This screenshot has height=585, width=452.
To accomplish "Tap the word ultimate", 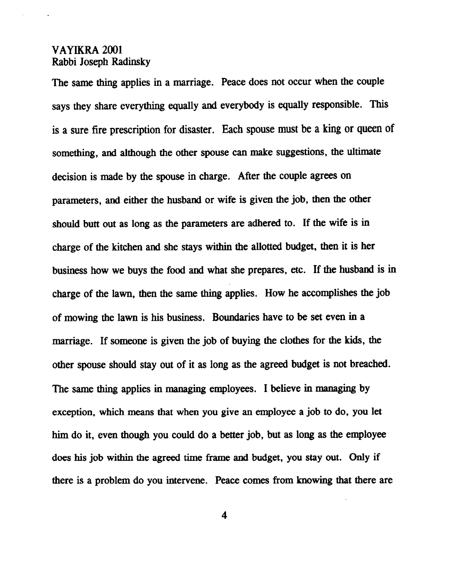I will pos(363,152).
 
